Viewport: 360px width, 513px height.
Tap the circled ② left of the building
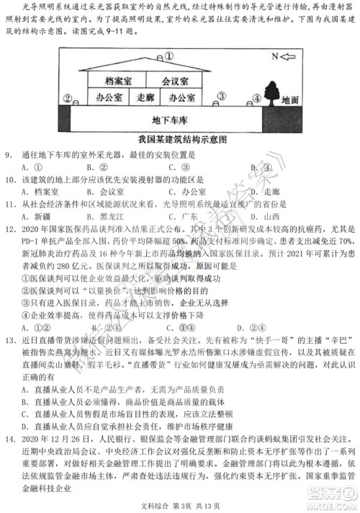66,97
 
